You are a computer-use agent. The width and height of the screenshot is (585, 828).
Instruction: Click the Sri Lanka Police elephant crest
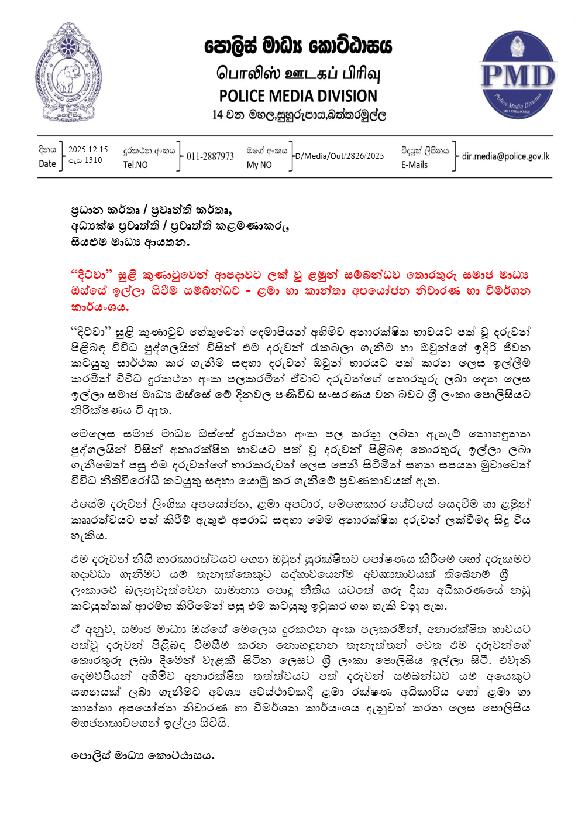pos(68,73)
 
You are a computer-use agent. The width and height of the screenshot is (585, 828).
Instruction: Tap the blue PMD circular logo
pos(517,76)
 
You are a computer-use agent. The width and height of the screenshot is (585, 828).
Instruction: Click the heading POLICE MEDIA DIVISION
pos(298,96)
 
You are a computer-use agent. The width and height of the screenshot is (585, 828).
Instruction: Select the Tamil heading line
pos(298,74)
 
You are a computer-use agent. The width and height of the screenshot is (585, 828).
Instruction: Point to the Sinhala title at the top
pos(298,46)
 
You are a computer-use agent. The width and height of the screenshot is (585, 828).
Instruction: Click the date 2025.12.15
pos(88,149)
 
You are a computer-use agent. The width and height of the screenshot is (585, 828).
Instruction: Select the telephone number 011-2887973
pos(210,156)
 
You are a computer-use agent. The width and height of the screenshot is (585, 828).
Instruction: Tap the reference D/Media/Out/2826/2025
pos(340,156)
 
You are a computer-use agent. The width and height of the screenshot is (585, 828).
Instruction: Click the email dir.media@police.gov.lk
pos(505,156)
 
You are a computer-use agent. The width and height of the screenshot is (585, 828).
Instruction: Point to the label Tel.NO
pos(135,165)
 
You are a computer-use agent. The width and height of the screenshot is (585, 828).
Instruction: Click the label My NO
pos(259,165)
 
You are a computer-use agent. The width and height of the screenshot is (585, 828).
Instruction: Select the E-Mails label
pos(414,165)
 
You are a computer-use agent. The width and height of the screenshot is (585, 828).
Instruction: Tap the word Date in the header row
pos(47,164)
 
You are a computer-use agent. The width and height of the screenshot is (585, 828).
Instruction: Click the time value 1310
pos(93,160)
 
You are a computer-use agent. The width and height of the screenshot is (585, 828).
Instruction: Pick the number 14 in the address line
pos(218,115)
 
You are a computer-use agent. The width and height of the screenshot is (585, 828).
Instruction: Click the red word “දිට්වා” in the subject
pos(91,275)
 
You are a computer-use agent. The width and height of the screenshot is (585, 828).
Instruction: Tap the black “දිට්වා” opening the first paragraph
pos(91,333)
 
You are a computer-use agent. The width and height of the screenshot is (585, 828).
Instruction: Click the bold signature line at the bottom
pos(143,756)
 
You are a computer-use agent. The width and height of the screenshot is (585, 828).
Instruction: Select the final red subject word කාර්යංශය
pos(99,307)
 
